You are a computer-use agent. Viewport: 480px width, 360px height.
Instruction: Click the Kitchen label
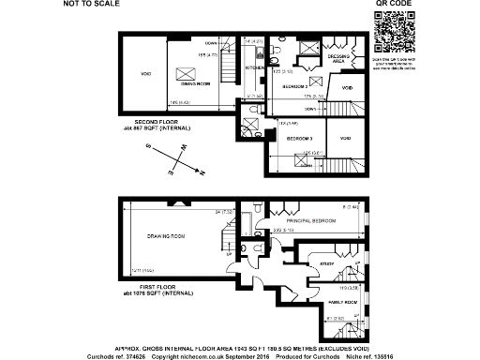pyautogui.click(x=255, y=67)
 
